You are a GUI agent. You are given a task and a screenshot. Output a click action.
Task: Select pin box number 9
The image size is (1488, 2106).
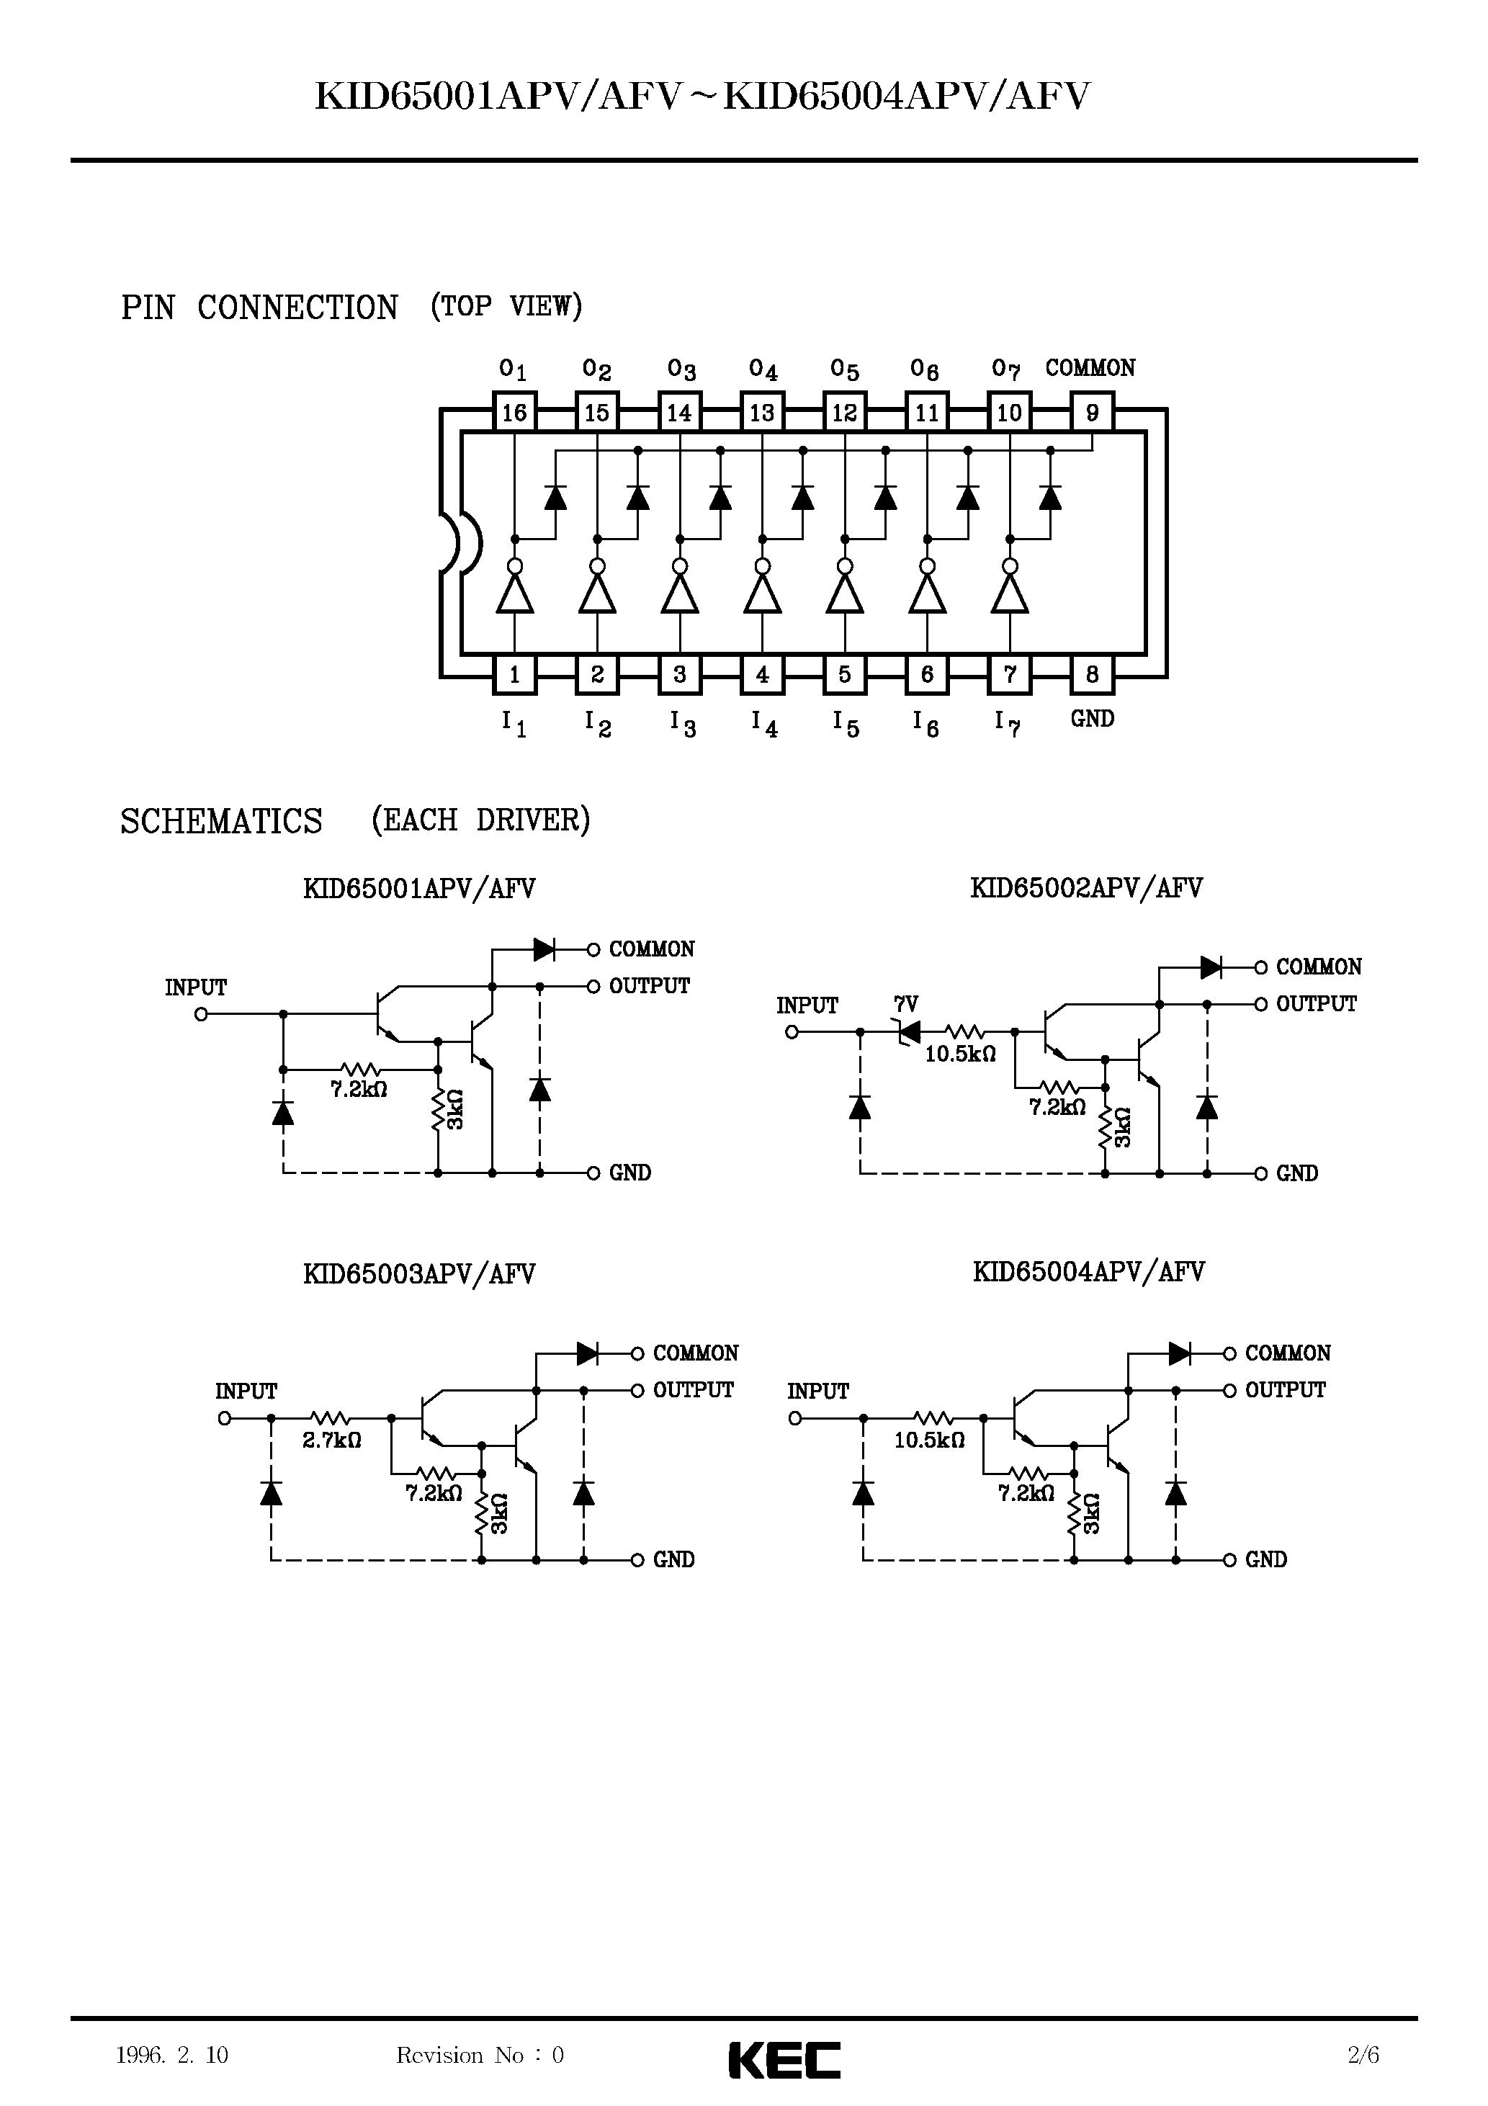[1092, 413]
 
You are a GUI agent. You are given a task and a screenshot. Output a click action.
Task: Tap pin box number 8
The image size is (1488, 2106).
[1092, 675]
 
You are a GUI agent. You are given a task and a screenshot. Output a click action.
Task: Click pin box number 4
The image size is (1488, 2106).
[761, 675]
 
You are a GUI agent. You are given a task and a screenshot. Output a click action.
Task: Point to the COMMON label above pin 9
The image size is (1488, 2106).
[1090, 368]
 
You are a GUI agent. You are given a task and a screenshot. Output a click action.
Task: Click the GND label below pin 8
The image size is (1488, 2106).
[1092, 719]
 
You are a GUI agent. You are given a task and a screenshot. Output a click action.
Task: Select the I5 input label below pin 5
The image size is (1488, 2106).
[845, 724]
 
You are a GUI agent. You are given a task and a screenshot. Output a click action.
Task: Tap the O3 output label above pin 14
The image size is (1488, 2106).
[681, 369]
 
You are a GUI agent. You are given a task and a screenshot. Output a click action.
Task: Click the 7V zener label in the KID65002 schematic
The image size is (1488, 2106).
[905, 1005]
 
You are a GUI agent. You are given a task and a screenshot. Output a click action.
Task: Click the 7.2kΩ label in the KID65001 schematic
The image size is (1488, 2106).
[358, 1090]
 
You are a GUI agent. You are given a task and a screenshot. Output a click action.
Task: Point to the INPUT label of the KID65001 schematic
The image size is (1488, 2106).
[195, 988]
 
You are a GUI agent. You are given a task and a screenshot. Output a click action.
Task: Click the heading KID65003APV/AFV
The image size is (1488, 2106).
[418, 1274]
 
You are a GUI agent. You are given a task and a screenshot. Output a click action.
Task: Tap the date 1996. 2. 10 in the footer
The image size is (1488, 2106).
[171, 2055]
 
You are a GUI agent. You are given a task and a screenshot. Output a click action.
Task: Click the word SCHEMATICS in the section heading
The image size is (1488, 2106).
[221, 821]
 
